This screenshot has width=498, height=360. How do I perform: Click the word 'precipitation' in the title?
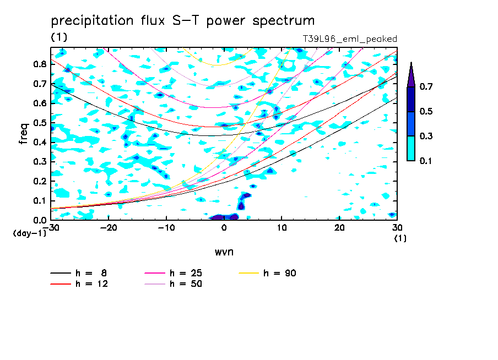tap(92, 21)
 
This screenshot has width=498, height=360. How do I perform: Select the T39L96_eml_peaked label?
tap(350, 39)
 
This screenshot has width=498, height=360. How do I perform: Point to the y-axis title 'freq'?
tap(24, 134)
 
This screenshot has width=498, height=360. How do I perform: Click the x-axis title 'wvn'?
tap(224, 252)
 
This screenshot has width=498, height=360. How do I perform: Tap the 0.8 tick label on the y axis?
tap(40, 64)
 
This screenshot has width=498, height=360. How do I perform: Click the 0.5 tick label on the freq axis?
tap(40, 123)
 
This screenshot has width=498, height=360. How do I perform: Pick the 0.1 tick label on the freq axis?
tap(40, 201)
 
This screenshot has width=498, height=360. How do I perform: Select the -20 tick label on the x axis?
tap(109, 228)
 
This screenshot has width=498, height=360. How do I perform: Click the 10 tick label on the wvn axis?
tap(282, 228)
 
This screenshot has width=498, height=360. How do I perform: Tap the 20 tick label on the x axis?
tap(339, 228)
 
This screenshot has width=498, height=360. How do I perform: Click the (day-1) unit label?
tap(29, 233)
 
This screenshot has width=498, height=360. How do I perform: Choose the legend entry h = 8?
tap(79, 273)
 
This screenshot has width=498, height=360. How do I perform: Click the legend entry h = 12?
tap(79, 284)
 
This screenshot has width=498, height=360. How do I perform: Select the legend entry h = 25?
tap(174, 273)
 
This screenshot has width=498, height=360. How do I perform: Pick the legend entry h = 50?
tap(174, 284)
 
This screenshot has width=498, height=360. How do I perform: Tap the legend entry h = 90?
tap(267, 273)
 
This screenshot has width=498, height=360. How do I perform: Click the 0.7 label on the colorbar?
tap(426, 86)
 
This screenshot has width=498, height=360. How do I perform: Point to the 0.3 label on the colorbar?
tap(426, 136)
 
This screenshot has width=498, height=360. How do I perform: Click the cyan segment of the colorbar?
tap(411, 149)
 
